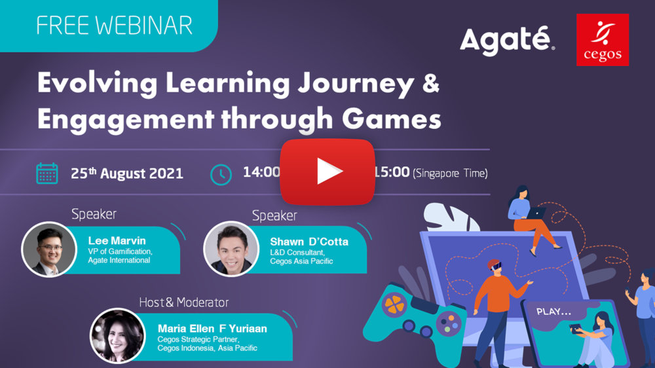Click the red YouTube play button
click(x=327, y=172)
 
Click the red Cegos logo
click(x=603, y=40)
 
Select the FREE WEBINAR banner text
click(x=115, y=26)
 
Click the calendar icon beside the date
click(x=47, y=174)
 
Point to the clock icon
click(x=221, y=174)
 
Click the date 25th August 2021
click(x=127, y=174)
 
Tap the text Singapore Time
click(x=451, y=174)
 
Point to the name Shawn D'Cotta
click(x=309, y=242)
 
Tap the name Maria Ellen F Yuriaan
click(x=212, y=328)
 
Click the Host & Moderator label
click(x=184, y=303)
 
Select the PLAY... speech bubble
click(x=554, y=311)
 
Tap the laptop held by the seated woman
click(x=537, y=213)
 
